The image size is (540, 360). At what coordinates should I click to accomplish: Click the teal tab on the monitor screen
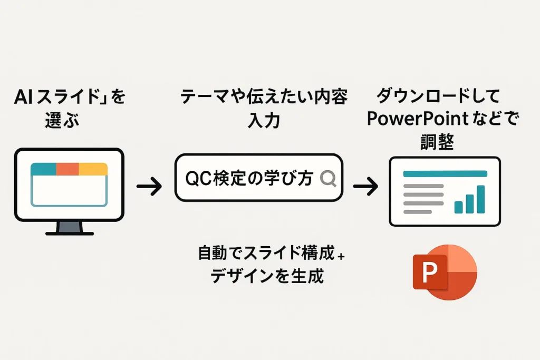tap(43, 169)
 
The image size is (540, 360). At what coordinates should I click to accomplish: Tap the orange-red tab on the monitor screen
tap(67, 169)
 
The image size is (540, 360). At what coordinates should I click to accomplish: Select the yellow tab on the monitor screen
tap(93, 169)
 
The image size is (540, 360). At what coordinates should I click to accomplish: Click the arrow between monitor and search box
tap(149, 186)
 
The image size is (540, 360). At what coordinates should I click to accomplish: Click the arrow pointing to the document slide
tap(365, 186)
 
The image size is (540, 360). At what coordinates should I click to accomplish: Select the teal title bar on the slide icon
tap(445, 174)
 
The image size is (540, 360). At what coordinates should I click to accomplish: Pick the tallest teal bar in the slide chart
tap(480, 199)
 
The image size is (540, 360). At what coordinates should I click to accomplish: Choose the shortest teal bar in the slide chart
tap(458, 207)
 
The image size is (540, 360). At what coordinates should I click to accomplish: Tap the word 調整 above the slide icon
tap(438, 142)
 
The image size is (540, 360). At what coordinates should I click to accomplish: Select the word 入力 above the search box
tap(264, 121)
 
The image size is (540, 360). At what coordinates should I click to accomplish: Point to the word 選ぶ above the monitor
tap(62, 121)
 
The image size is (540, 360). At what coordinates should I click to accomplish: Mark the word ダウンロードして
tap(438, 96)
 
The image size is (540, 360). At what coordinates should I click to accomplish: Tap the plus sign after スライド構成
tap(341, 256)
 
